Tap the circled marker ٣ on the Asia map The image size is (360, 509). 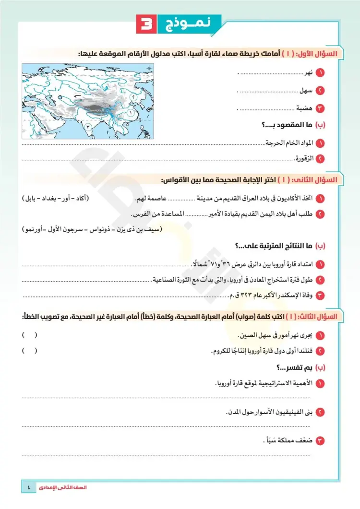[88, 126]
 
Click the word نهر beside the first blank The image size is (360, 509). [310, 73]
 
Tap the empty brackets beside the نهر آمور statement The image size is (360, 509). [29, 334]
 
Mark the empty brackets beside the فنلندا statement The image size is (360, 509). [29, 351]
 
